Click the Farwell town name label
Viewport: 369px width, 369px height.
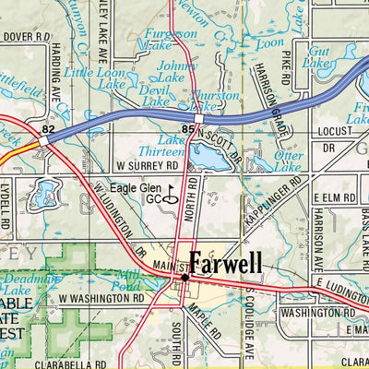tap(226, 264)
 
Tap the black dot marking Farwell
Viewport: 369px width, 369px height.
tap(184, 276)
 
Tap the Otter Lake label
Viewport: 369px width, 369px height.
tap(289, 161)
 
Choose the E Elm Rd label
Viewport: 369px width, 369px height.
tap(335, 197)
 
